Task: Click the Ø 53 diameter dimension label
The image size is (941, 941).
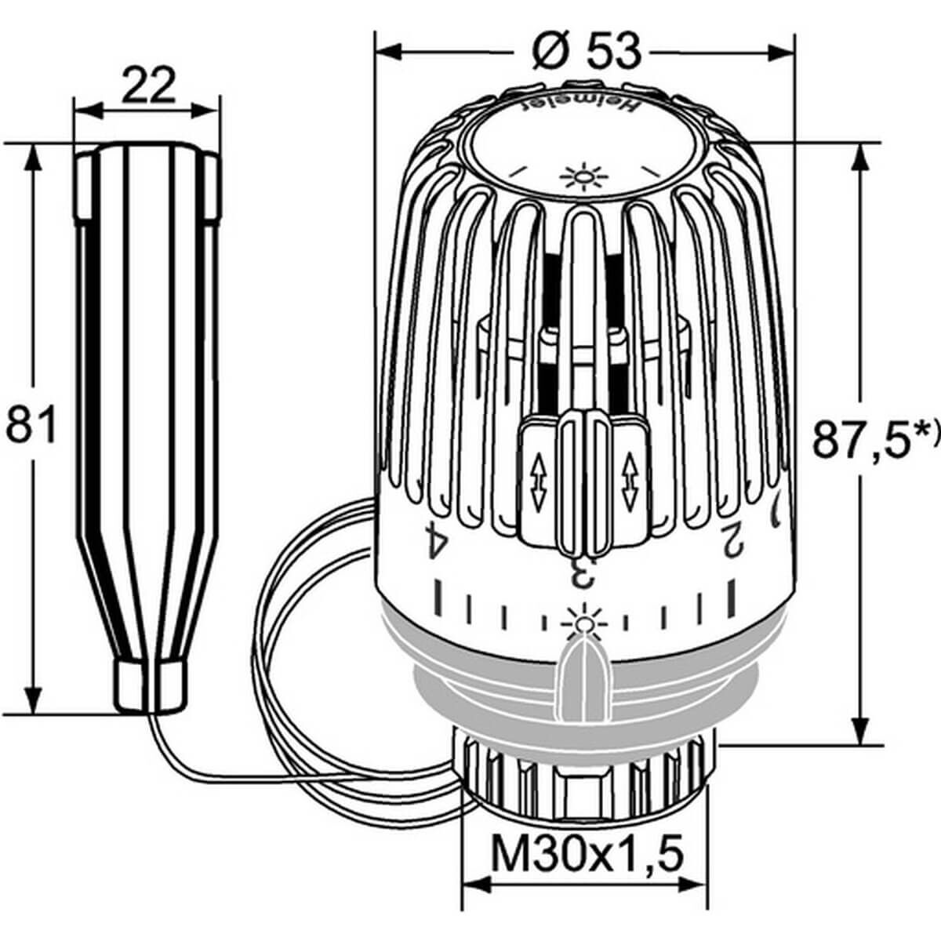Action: [586, 52]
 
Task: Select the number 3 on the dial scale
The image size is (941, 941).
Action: [583, 572]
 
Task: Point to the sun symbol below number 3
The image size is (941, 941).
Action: [581, 619]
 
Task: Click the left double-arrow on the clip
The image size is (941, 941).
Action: [538, 484]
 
